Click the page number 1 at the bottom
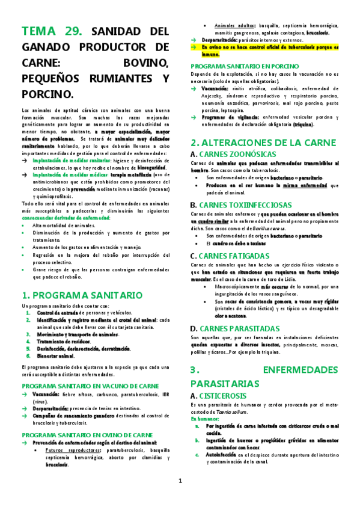click(180, 481)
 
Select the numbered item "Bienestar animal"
click(59, 355)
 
